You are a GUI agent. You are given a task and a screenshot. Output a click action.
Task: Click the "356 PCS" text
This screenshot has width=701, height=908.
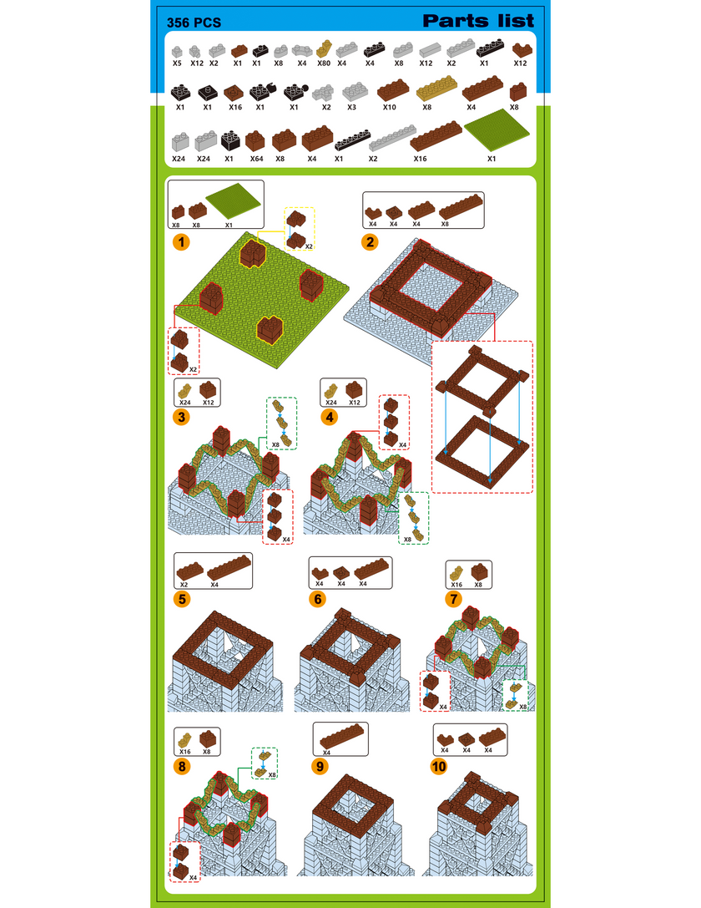click(194, 23)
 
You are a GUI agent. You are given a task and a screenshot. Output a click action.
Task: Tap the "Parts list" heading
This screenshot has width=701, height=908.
click(478, 21)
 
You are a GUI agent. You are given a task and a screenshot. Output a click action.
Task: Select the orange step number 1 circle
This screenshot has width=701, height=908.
click(182, 241)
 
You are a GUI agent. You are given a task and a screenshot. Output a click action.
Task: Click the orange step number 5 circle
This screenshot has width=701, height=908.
click(182, 599)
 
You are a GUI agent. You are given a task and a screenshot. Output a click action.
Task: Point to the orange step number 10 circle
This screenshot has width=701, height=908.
click(438, 767)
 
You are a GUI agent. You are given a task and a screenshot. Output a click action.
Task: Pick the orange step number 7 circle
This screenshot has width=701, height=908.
click(453, 599)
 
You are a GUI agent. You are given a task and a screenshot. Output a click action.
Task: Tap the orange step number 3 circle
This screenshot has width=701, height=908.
click(182, 417)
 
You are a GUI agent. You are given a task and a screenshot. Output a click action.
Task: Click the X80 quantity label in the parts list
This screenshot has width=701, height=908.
click(323, 63)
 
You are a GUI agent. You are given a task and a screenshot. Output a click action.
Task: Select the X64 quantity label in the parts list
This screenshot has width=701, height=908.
click(256, 159)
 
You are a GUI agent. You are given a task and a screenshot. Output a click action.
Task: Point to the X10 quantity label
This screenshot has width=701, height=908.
click(389, 107)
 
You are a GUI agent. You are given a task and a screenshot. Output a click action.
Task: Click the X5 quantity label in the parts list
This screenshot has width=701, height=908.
click(177, 63)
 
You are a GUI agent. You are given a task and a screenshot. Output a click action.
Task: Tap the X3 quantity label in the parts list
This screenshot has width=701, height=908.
click(351, 107)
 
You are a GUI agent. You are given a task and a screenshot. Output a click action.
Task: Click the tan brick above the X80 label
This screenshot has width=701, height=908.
click(325, 48)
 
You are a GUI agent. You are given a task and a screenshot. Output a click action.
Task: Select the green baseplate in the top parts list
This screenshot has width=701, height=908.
click(497, 130)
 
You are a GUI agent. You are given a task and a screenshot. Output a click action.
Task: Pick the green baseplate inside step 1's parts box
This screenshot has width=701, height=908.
click(235, 201)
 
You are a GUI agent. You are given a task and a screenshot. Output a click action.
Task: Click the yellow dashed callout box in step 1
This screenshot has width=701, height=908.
click(300, 229)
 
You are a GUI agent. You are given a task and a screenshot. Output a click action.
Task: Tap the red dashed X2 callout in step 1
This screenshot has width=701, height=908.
click(184, 351)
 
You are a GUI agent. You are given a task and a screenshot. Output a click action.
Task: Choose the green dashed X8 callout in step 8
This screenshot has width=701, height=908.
click(265, 763)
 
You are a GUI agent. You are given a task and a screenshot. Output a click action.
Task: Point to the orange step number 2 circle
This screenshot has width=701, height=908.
click(371, 241)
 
